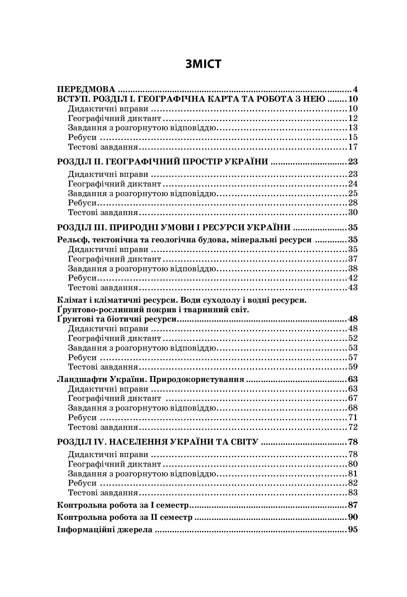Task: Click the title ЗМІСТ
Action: (x=203, y=64)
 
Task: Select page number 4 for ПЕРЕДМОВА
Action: (x=355, y=90)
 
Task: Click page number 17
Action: (x=353, y=147)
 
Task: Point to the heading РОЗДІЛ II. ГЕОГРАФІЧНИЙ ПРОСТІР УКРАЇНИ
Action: (x=162, y=162)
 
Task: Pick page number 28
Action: (x=353, y=203)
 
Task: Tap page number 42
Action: (x=353, y=278)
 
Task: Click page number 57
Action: (x=353, y=357)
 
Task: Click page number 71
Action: (x=353, y=418)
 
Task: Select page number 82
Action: (x=353, y=483)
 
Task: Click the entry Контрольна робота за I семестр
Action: (x=123, y=506)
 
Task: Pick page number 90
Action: (x=353, y=517)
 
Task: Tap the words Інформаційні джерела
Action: (x=104, y=530)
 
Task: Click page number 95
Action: (x=353, y=530)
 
